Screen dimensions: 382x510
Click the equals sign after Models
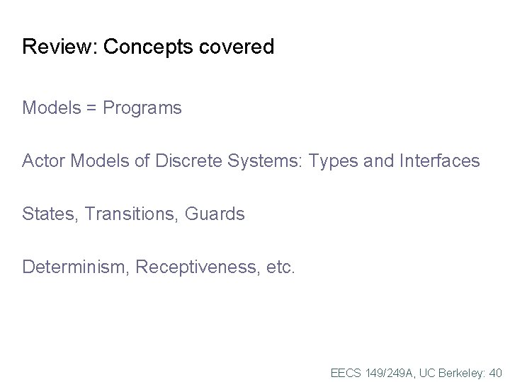pyautogui.click(x=92, y=108)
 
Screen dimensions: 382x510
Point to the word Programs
pyautogui.click(x=142, y=108)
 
